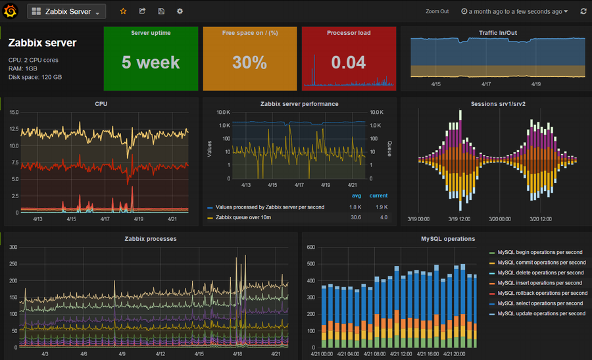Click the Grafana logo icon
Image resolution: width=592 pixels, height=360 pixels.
point(10,11)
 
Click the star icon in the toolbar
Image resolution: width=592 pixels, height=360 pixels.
point(123,11)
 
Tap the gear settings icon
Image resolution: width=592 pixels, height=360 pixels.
point(180,11)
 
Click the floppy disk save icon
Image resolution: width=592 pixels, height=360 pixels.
point(161,11)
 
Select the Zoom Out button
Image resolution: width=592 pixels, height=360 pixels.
point(437,11)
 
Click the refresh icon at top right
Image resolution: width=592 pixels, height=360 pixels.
point(583,11)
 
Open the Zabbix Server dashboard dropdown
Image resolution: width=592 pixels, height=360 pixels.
point(66,11)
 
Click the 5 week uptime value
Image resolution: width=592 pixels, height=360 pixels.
point(151,63)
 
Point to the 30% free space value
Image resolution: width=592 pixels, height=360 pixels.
point(249,63)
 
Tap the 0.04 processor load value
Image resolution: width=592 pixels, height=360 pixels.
point(349,63)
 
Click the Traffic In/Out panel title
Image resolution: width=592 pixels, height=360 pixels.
point(498,33)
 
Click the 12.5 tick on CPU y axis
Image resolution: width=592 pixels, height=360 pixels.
point(14,129)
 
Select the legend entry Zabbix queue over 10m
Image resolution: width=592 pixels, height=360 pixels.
point(243,217)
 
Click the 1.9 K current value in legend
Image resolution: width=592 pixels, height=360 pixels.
point(382,207)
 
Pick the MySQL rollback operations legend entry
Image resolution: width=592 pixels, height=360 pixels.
point(543,293)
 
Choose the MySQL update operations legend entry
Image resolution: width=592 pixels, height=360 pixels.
point(541,313)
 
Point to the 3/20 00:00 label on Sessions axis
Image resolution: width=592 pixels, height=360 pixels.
point(500,219)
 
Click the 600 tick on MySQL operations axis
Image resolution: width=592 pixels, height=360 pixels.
point(311,247)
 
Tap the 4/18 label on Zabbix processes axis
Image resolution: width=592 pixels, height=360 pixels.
point(237,354)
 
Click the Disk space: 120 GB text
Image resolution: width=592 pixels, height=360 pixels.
point(35,77)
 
